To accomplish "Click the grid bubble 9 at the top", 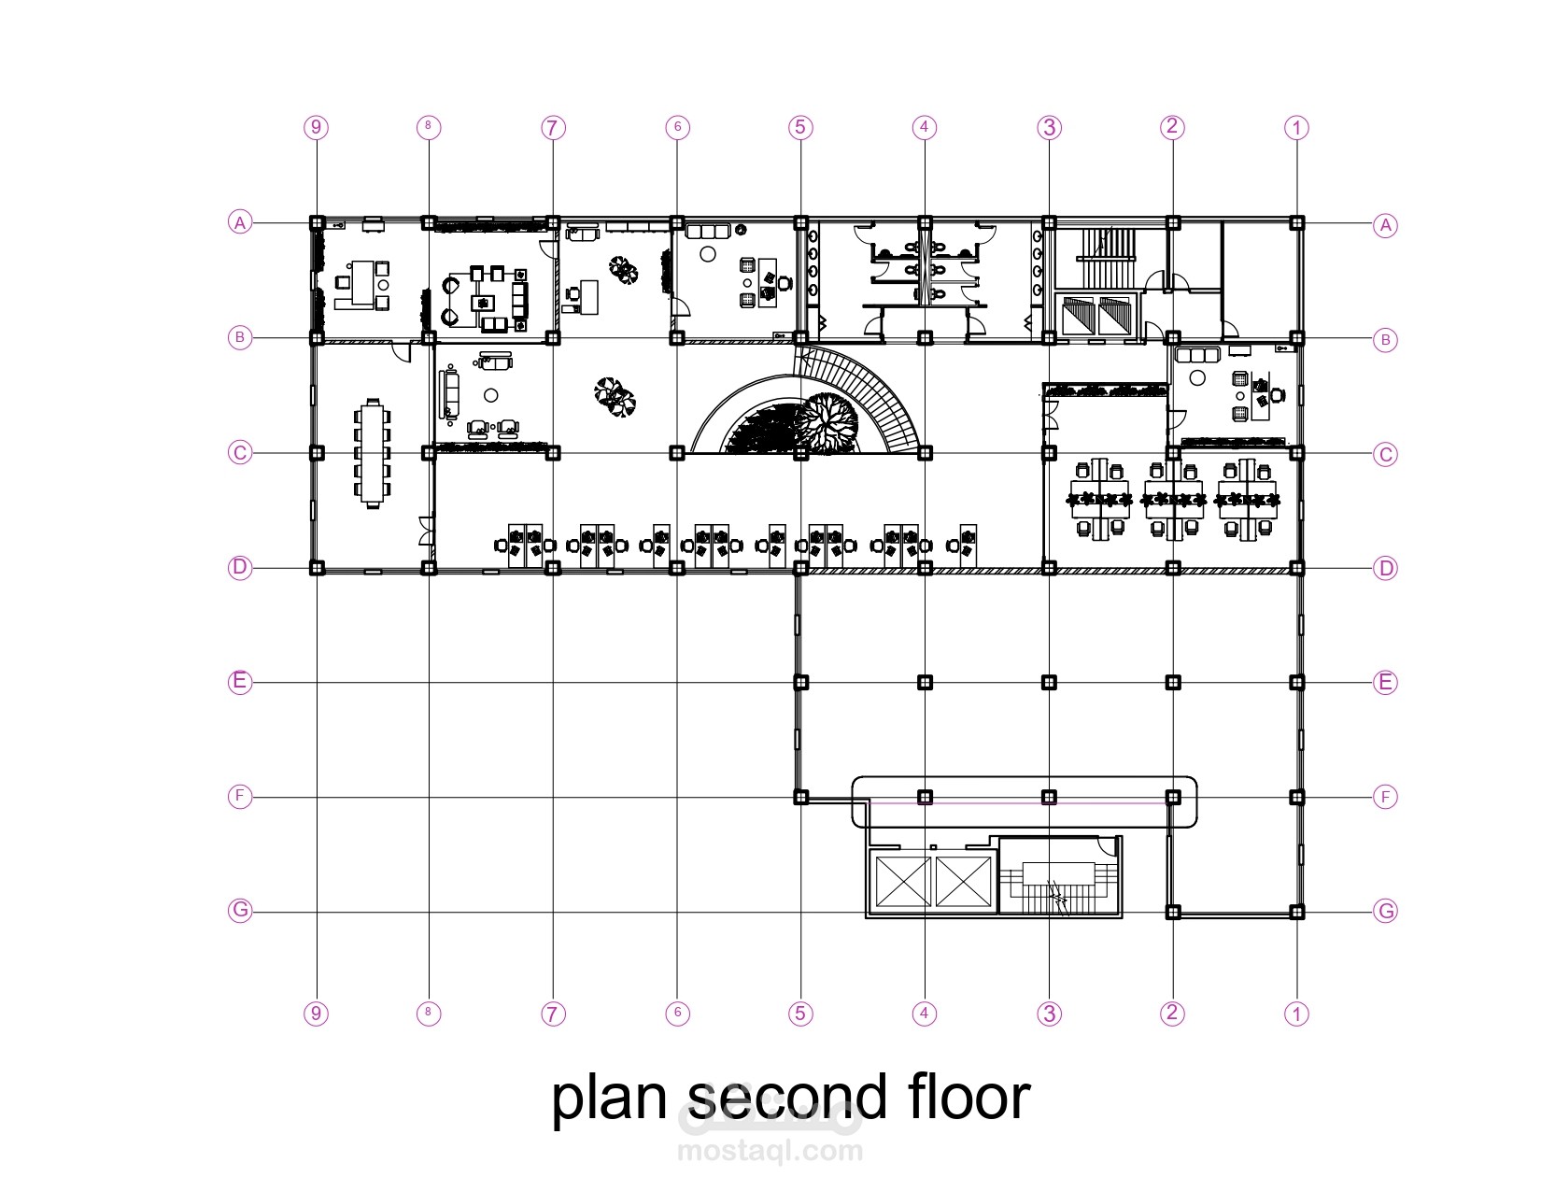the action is [317, 127].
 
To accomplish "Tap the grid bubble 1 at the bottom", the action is [1296, 1013].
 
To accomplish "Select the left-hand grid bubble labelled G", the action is [240, 910].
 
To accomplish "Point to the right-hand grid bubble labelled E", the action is [1385, 683].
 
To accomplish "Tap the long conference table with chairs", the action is [373, 454].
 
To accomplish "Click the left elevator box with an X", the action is [903, 881].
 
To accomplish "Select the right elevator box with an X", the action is [963, 881].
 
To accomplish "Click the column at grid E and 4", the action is [924, 683].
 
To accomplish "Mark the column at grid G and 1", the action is [1296, 912].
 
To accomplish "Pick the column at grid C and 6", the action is [677, 452].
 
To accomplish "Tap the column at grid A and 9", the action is [317, 222].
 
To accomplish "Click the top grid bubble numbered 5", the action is [800, 127].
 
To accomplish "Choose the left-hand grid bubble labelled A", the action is [240, 222].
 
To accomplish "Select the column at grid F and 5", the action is [800, 798].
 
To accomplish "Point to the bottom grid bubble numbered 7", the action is [553, 1013].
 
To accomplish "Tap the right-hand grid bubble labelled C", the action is [1385, 454].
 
